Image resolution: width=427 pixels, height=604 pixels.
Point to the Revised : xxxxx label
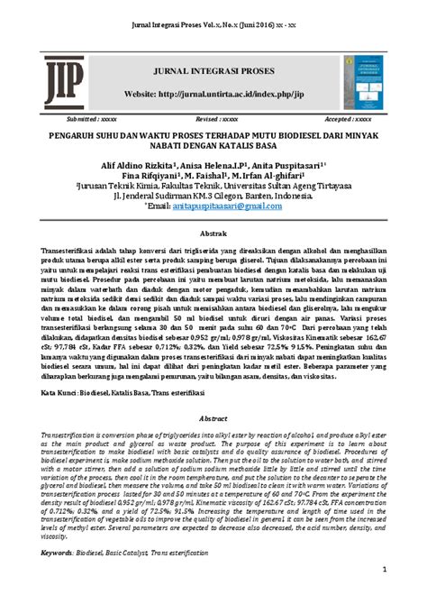pyautogui.click(x=217, y=118)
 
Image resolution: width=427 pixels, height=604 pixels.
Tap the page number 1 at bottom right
pyautogui.click(x=385, y=570)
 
